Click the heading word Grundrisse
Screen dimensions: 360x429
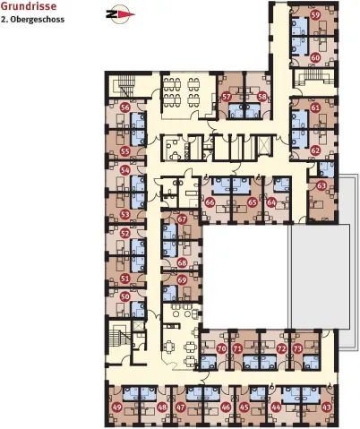click(29, 6)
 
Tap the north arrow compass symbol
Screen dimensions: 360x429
click(120, 13)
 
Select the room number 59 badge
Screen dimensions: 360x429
click(315, 15)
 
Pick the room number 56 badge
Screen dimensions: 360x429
click(125, 107)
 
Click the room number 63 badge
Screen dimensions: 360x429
click(321, 185)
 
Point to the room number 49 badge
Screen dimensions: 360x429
click(117, 407)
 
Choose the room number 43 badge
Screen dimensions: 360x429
click(327, 407)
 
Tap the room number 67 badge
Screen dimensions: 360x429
click(182, 219)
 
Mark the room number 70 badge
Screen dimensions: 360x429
click(221, 348)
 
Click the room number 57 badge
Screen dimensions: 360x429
click(227, 97)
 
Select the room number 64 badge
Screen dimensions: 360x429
click(271, 202)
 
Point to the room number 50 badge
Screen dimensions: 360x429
click(125, 296)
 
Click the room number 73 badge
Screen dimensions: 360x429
click(297, 348)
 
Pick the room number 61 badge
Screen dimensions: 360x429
click(315, 107)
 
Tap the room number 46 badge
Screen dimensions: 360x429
click(227, 407)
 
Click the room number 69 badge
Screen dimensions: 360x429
click(182, 280)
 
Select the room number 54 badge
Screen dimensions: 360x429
click(125, 170)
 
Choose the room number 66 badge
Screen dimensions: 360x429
click(210, 202)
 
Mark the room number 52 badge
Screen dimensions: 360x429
click(125, 233)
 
